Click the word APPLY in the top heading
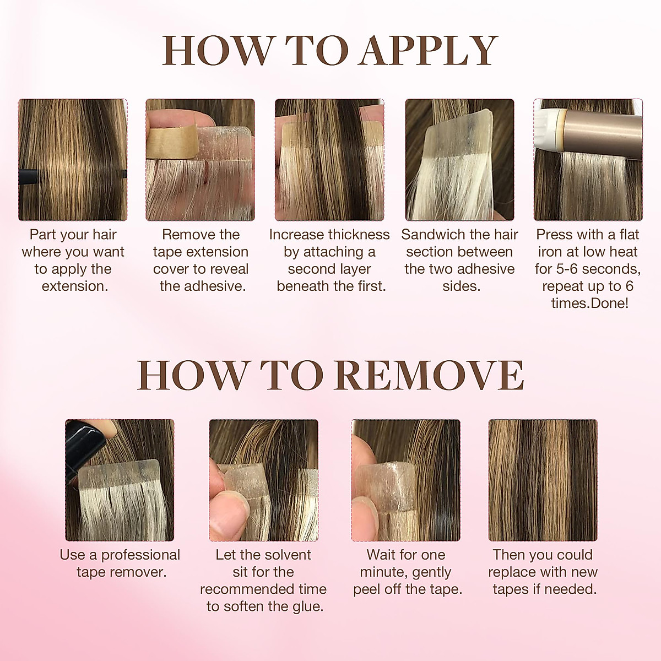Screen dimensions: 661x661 [x=429, y=51]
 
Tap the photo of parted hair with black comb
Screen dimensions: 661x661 [x=73, y=160]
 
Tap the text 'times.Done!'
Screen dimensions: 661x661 [x=589, y=304]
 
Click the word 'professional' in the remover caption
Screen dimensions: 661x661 [x=140, y=555]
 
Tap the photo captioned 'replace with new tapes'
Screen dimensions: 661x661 [x=543, y=480]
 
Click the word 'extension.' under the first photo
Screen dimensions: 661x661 [x=75, y=286]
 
